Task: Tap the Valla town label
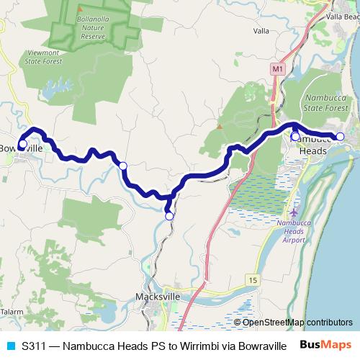[262, 31]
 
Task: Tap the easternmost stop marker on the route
[340, 137]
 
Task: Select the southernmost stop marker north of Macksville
[169, 216]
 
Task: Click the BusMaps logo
[325, 345]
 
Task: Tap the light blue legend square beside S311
[10, 346]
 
